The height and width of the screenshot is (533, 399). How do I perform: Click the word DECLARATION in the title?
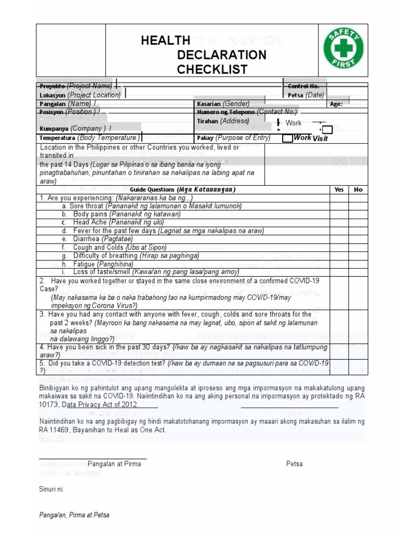point(222,55)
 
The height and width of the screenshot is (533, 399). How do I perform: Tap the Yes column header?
point(339,189)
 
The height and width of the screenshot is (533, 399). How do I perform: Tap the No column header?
point(358,189)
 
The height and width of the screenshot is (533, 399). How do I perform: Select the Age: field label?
point(336,104)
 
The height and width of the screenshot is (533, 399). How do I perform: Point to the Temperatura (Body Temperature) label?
point(89,138)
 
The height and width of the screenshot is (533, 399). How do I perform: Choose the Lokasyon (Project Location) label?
point(80,95)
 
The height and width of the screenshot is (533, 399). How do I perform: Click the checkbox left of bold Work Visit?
point(287,138)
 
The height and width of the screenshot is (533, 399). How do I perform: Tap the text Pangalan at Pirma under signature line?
point(111,464)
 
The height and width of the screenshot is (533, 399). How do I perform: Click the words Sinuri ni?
point(51,489)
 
